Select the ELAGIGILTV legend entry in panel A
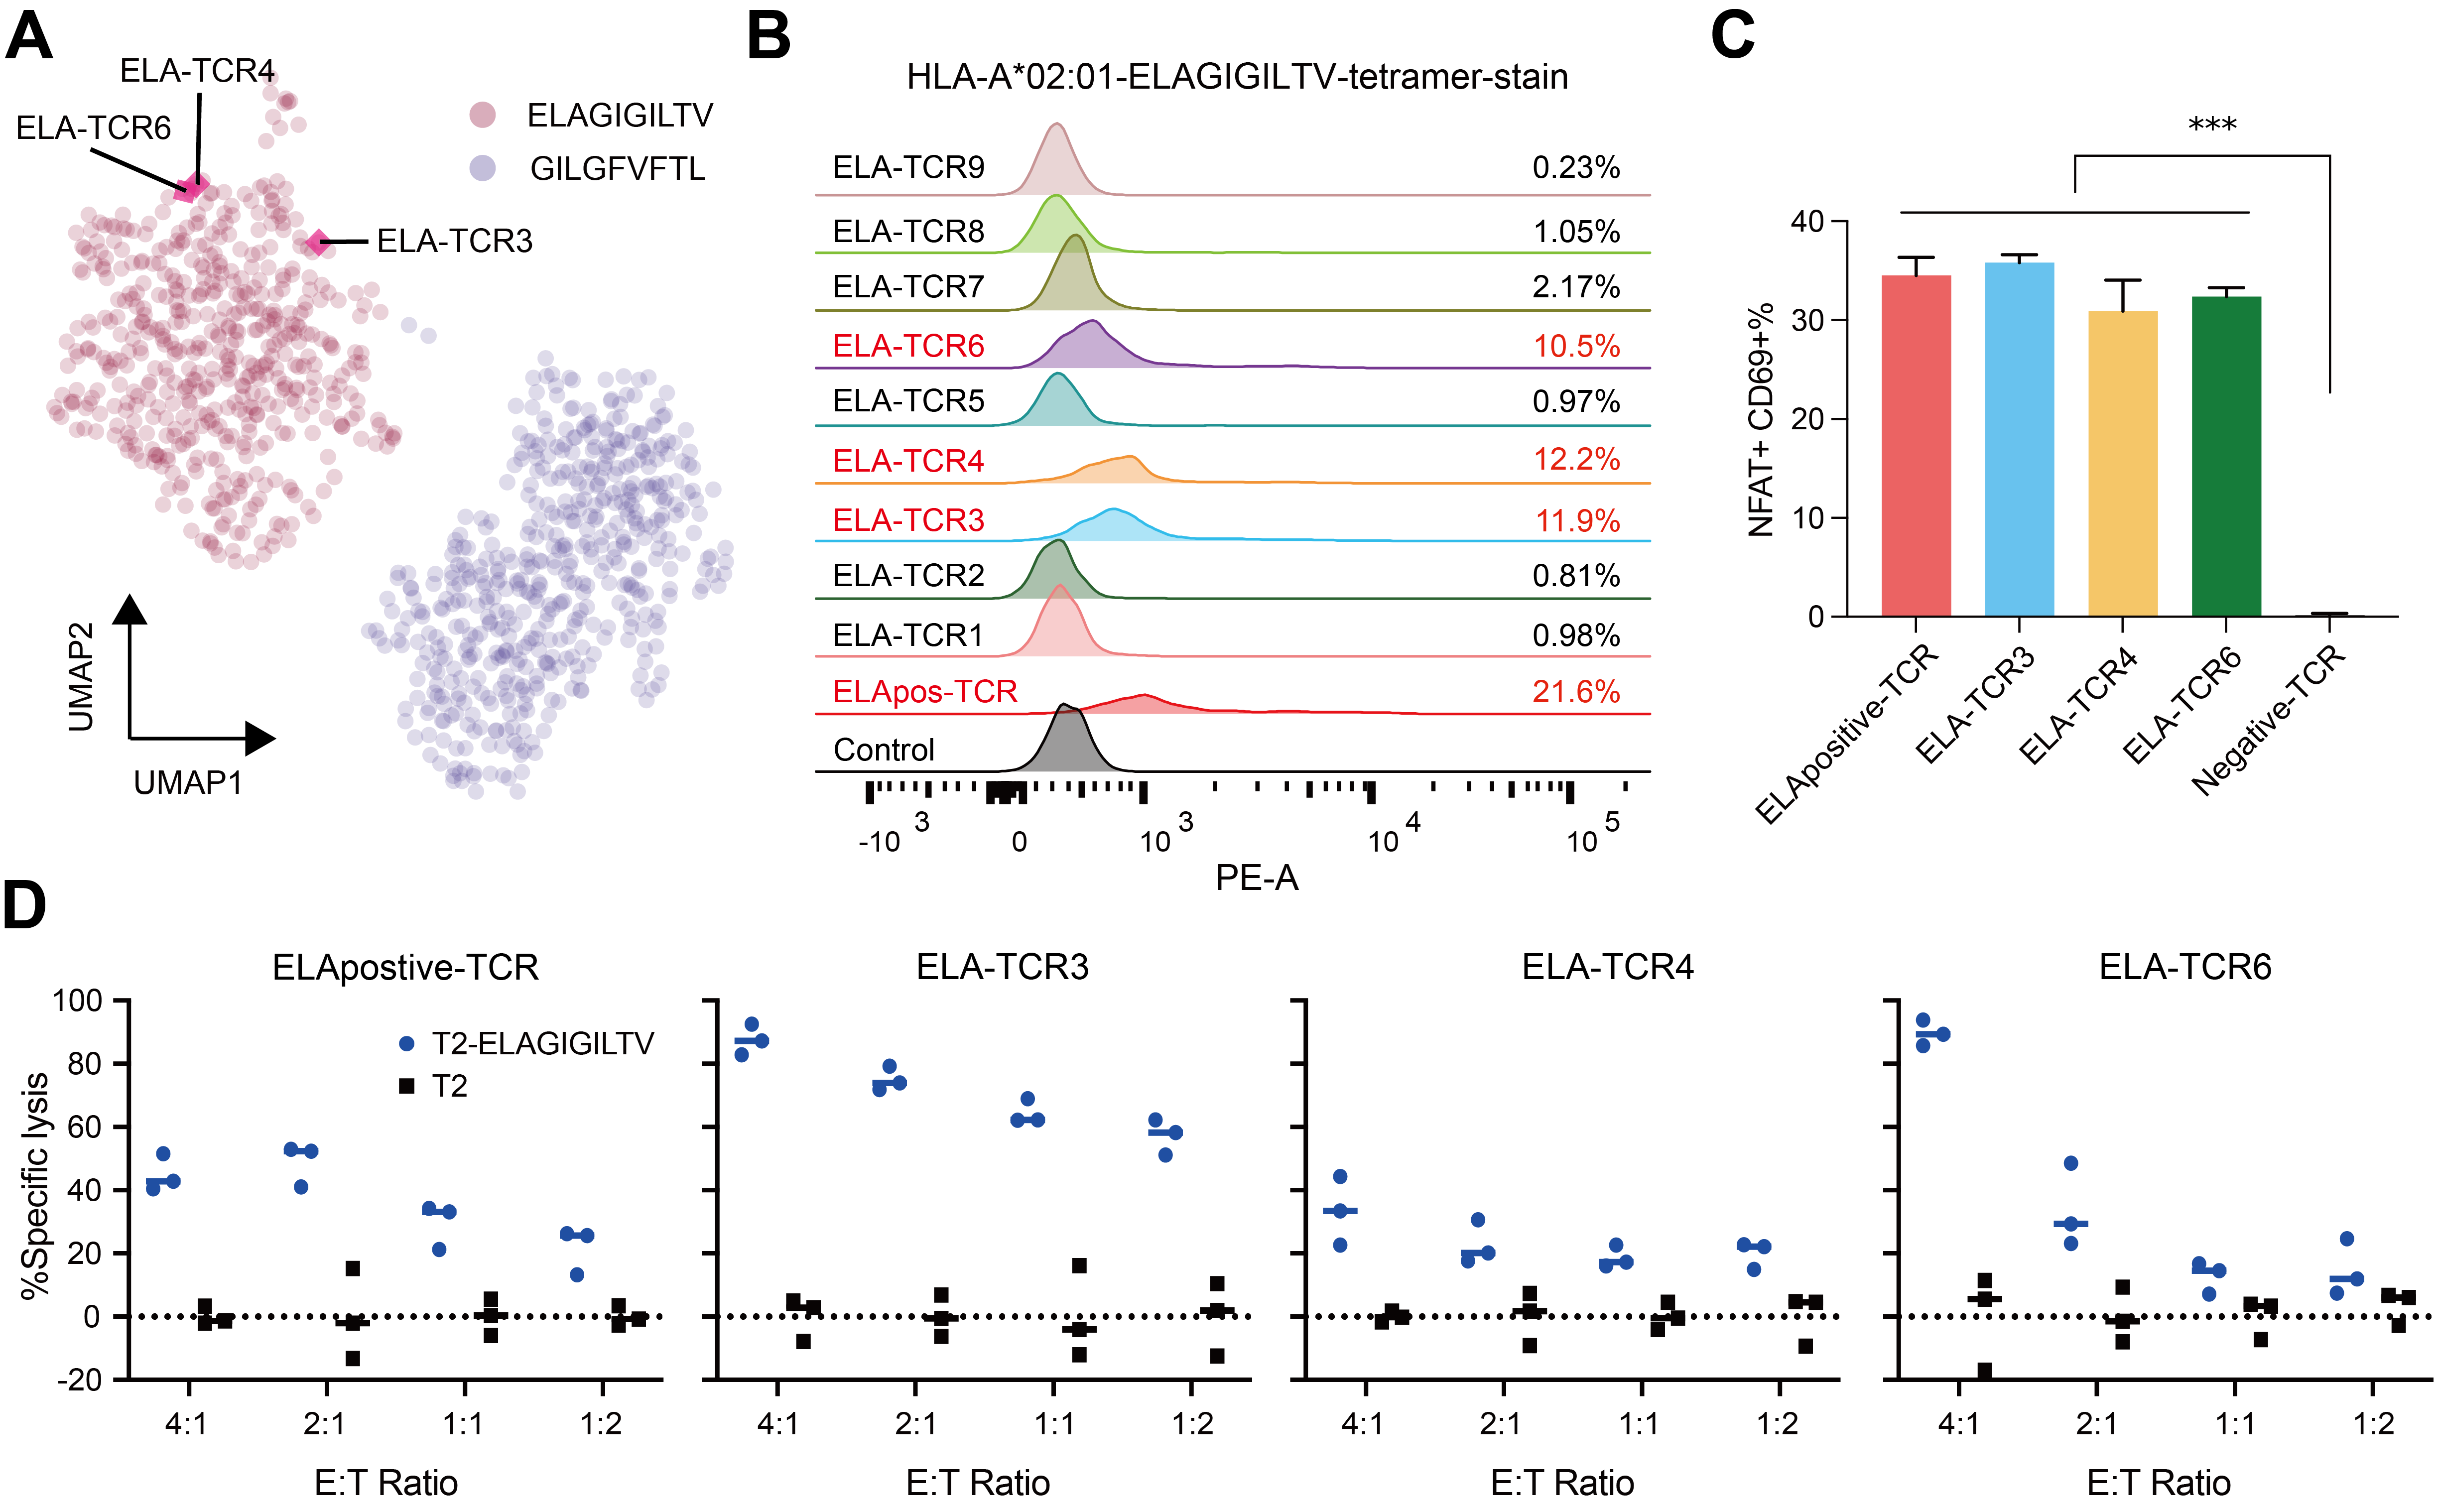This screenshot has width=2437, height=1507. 591,116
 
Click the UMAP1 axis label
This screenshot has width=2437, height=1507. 188,783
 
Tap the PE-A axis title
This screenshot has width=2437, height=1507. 1257,878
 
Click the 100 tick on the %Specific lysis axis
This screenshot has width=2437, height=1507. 78,1001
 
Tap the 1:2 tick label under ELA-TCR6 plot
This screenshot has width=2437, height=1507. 2373,1423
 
